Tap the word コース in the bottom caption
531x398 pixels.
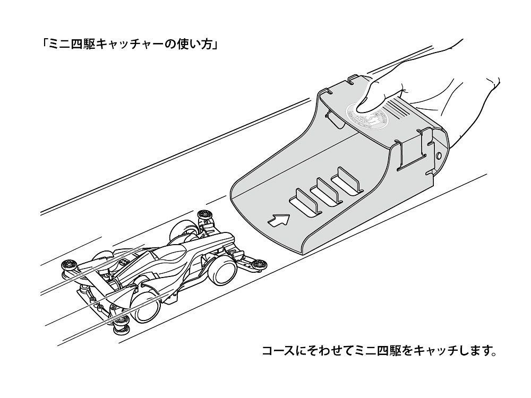(277, 351)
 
